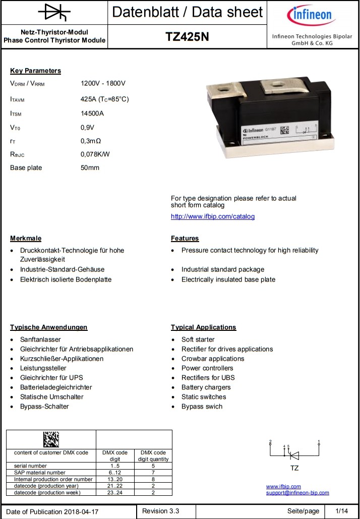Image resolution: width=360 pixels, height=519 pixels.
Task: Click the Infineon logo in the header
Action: coord(310,16)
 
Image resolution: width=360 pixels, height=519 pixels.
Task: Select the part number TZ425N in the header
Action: coord(187,36)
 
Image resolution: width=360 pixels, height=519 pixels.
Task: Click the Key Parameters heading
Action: coord(35,71)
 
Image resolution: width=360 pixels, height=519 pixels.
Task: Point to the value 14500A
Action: coord(92,113)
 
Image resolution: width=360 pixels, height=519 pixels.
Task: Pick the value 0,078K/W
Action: coord(95,154)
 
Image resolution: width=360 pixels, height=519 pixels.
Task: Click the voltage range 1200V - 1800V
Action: coord(103,83)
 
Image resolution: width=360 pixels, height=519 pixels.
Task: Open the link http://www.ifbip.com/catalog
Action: coord(213,216)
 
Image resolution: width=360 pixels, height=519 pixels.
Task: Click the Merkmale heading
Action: coord(26,238)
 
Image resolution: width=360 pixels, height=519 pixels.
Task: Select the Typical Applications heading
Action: coord(203,327)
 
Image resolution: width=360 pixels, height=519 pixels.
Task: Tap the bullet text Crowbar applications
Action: coord(213,359)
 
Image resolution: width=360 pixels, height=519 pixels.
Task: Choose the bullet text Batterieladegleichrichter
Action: coord(56,387)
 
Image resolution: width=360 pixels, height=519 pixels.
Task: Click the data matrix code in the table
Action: coord(50,439)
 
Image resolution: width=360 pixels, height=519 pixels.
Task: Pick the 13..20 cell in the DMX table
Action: coord(115,479)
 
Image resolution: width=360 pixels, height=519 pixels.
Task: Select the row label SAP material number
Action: coord(40,473)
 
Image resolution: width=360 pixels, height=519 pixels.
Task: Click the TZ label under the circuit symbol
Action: coord(294,468)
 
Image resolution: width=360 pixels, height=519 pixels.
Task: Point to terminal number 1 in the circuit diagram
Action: coord(319,441)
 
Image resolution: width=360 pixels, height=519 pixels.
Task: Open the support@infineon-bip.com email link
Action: coord(297,493)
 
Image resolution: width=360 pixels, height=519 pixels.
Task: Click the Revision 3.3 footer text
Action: coord(160,511)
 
